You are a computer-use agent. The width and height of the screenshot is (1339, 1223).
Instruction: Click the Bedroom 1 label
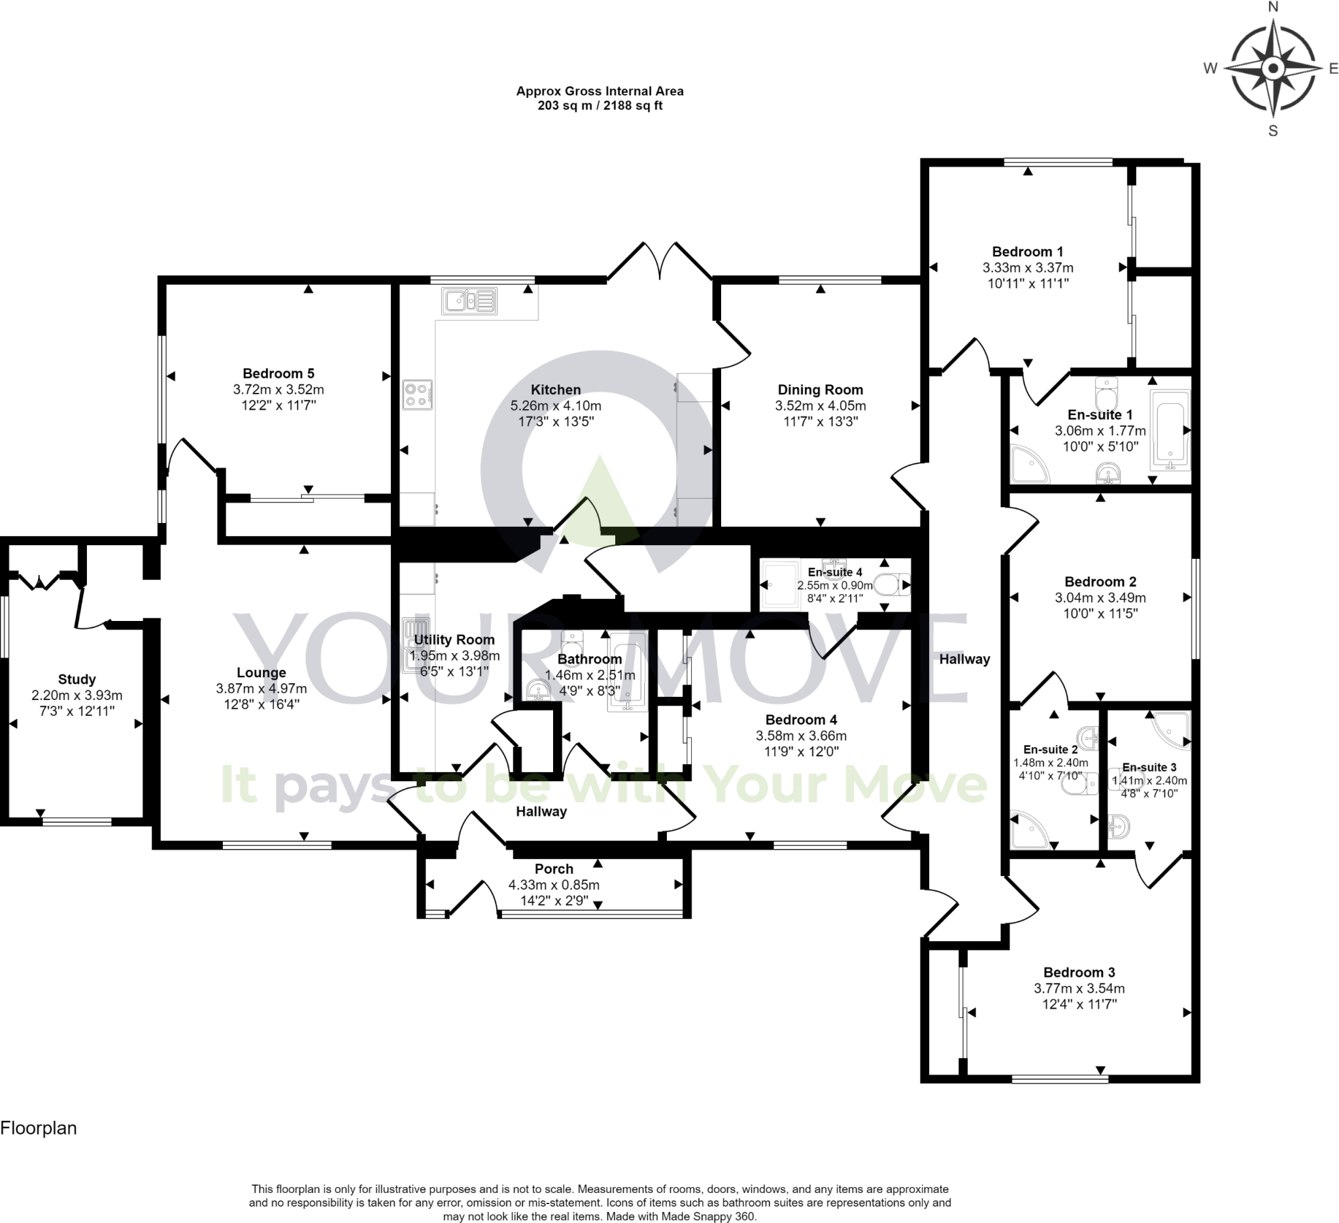(1028, 252)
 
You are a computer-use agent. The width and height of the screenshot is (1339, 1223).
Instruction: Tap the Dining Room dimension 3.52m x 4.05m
(821, 406)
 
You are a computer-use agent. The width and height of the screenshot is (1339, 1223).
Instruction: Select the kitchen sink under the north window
(469, 301)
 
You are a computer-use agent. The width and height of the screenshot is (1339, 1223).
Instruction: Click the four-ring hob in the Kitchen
(417, 394)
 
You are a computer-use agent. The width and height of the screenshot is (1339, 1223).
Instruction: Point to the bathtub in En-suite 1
(1170, 430)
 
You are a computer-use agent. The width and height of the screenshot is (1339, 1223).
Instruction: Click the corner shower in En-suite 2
(1030, 829)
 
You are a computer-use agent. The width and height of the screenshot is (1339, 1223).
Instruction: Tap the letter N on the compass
(1272, 7)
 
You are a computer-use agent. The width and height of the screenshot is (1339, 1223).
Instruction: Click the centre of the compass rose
(1272, 68)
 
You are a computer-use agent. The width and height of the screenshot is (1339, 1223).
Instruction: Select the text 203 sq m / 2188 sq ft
(600, 106)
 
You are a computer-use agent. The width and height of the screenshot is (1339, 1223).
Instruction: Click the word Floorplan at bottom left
(39, 1128)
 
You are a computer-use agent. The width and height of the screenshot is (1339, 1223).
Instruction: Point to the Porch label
(554, 869)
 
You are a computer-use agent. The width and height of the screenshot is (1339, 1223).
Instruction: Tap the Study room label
(77, 679)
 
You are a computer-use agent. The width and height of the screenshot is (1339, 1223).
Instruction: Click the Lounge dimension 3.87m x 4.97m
(261, 688)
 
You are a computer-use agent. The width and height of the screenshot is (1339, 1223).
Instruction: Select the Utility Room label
(454, 639)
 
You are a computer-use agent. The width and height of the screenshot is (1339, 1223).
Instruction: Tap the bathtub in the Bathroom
(627, 677)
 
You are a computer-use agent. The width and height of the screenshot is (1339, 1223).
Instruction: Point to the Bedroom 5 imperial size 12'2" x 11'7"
(279, 405)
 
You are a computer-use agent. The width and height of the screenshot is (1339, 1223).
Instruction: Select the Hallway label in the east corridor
(964, 659)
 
